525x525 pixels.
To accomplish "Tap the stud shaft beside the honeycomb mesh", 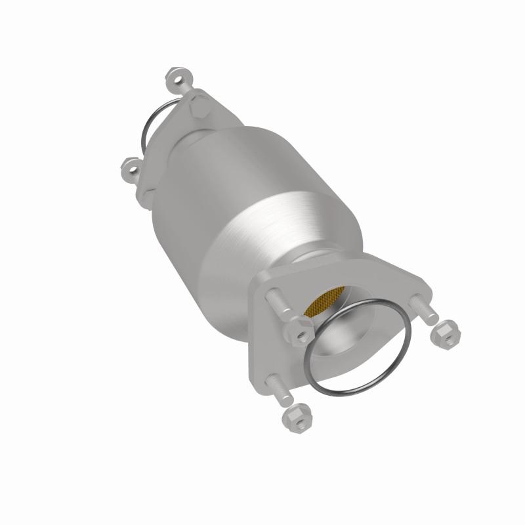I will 279,302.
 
